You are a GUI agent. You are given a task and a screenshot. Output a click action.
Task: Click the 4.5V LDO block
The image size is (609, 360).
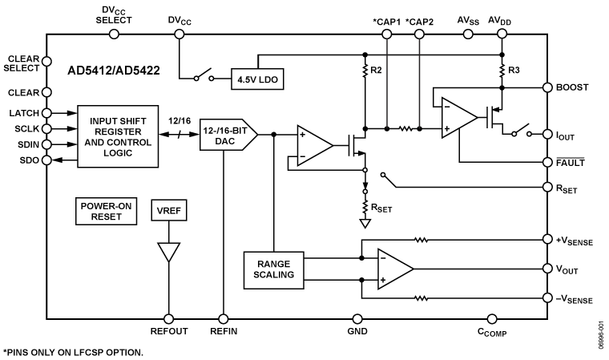click(x=257, y=79)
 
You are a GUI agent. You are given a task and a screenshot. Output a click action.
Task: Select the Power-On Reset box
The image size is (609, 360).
click(x=106, y=211)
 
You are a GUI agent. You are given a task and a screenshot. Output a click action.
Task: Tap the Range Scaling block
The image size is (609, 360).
click(x=273, y=270)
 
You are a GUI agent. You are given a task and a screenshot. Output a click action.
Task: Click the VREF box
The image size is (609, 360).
click(x=168, y=210)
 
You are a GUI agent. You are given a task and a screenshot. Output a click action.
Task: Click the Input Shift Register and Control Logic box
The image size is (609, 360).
click(x=118, y=136)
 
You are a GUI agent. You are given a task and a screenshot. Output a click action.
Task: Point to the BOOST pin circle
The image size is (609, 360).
click(x=547, y=87)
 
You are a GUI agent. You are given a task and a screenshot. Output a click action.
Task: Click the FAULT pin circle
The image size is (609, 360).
click(x=547, y=162)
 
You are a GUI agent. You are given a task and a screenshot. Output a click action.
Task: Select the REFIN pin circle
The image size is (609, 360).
click(x=224, y=319)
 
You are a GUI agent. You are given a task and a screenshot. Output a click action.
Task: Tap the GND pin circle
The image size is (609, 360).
click(x=357, y=319)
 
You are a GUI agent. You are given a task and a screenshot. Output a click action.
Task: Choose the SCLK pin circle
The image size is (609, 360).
click(x=46, y=128)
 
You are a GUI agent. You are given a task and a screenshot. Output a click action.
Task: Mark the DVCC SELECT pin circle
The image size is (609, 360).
click(x=114, y=34)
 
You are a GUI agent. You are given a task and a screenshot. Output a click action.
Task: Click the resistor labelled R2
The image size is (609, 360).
click(x=365, y=71)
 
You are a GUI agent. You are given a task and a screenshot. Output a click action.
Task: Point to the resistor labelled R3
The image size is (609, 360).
click(x=502, y=71)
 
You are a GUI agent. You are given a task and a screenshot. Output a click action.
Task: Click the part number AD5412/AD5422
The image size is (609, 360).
click(x=114, y=71)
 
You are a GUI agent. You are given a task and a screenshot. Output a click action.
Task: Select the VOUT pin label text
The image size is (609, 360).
click(x=567, y=269)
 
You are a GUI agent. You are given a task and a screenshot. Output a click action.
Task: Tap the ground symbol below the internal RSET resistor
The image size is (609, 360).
click(x=365, y=224)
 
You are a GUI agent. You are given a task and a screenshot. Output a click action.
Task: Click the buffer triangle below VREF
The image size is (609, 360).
click(x=168, y=253)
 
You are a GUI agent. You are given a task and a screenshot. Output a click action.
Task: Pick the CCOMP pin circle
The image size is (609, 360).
click(x=492, y=319)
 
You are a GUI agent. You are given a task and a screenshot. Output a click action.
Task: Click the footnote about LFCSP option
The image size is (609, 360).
click(x=74, y=353)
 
